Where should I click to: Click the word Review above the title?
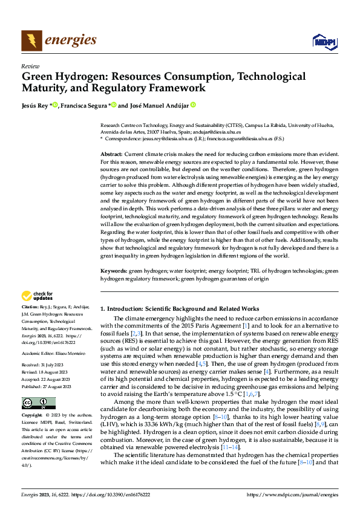pyautogui.click(x=30, y=66)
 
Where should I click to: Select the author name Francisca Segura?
pyautogui.click(x=82, y=105)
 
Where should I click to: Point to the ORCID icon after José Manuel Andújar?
pyautogui.click(x=193, y=105)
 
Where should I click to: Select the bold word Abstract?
pyautogui.click(x=111, y=155)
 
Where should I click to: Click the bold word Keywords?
pyautogui.click(x=113, y=271)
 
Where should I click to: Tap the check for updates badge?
pyautogui.click(x=37, y=296)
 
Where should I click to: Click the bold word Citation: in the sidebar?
pyautogui.click(x=31, y=308)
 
